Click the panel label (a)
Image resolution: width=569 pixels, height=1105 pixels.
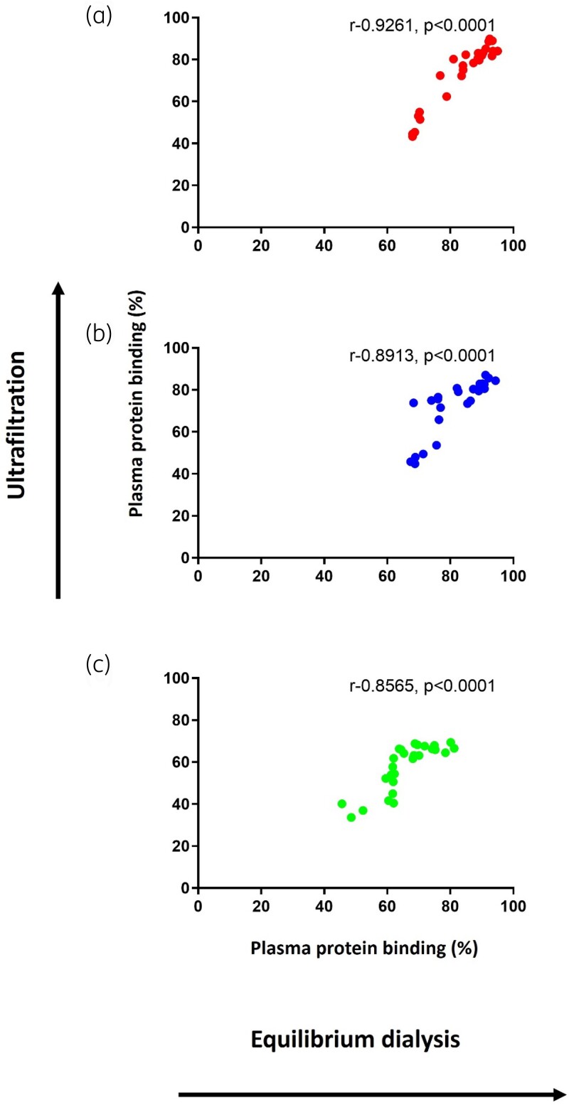click(99, 16)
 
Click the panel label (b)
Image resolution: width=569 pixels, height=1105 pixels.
click(99, 333)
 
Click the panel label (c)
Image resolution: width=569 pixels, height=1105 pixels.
click(98, 664)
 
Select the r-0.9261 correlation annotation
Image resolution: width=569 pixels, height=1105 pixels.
click(422, 25)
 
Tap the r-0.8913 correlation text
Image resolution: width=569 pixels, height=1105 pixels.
click(422, 356)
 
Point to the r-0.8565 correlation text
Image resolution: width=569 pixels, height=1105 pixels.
click(422, 685)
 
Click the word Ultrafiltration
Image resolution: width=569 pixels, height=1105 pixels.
click(17, 425)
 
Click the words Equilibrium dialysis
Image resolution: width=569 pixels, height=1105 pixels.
click(356, 1040)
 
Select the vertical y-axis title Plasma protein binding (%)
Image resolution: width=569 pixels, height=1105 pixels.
click(137, 403)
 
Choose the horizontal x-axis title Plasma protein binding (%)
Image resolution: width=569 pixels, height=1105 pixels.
click(364, 948)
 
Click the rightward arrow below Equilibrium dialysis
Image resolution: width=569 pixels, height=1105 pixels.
click(373, 1094)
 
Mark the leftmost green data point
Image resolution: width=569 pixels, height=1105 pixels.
click(342, 804)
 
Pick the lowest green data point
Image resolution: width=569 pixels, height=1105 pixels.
click(351, 818)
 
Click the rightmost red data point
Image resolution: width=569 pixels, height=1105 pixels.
click(497, 50)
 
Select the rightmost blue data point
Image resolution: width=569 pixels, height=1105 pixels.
click(496, 380)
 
